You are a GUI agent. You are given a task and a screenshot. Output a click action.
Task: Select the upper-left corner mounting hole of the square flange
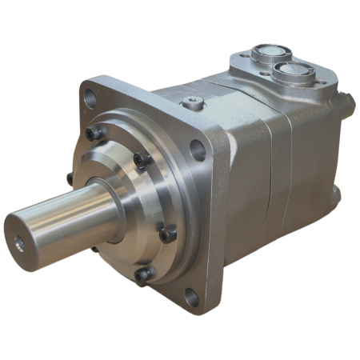90,98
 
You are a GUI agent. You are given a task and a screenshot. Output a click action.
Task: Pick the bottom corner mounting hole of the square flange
190,298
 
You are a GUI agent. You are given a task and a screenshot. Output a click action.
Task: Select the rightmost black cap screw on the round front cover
169,235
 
